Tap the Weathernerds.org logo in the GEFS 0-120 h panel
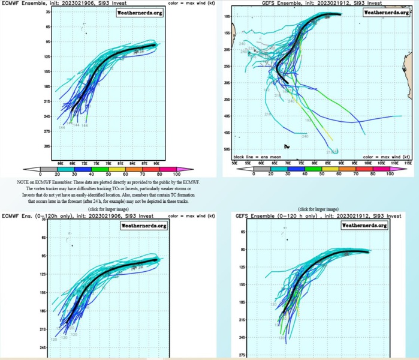[364, 225]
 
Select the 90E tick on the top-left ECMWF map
[156, 162]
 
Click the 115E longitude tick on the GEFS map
[406, 162]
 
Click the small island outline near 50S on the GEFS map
[288, 146]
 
